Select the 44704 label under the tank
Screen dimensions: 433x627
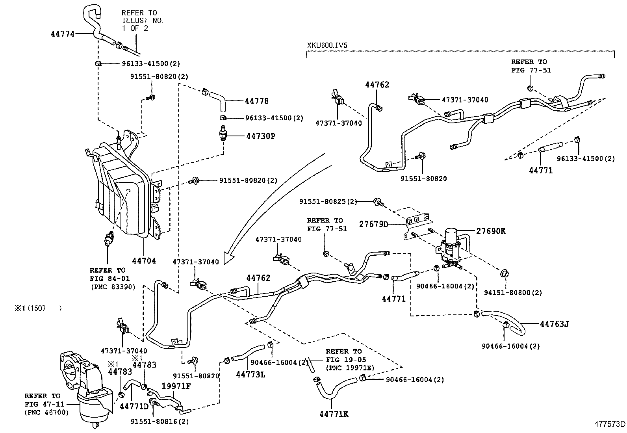coord(144,260)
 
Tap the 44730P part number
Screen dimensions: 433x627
coord(260,136)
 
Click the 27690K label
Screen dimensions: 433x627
coord(490,231)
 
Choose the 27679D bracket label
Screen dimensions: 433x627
coord(373,224)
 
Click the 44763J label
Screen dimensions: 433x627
coord(554,324)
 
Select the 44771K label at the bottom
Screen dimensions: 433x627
coord(334,414)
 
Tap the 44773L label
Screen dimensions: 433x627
coord(250,374)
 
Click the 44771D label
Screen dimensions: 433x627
coord(134,406)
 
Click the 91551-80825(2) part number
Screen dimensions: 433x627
coord(328,202)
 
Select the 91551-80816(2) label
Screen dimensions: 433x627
coord(160,421)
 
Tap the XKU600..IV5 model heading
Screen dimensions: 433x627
coord(327,45)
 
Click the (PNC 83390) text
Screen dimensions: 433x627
coord(112,287)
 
